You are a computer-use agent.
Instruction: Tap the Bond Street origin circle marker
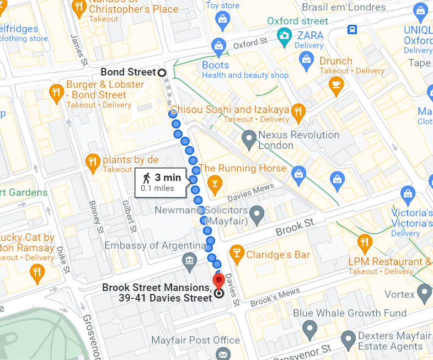click(162, 72)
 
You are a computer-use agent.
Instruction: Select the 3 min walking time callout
click(162, 182)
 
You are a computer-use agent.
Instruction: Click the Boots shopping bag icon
click(219, 45)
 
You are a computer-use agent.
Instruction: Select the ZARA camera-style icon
click(285, 35)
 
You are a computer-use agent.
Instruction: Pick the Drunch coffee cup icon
click(335, 84)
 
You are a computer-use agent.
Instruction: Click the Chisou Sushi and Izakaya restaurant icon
click(298, 112)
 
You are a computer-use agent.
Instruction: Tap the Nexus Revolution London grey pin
click(249, 139)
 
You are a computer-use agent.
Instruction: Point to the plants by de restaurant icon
click(93, 162)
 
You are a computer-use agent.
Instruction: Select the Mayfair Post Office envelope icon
click(223, 353)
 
